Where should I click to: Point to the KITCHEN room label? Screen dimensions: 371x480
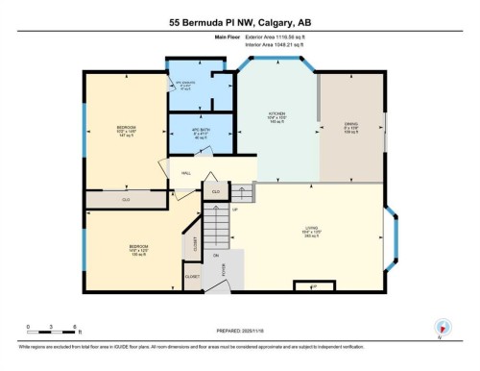[277, 117]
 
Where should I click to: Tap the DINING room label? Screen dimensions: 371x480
[350, 126]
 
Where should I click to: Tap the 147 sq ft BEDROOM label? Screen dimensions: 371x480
[126, 132]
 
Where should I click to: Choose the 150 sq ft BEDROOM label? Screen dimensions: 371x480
[138, 251]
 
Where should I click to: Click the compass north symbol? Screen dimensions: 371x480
[442, 328]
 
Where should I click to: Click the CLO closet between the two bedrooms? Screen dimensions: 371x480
[126, 199]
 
